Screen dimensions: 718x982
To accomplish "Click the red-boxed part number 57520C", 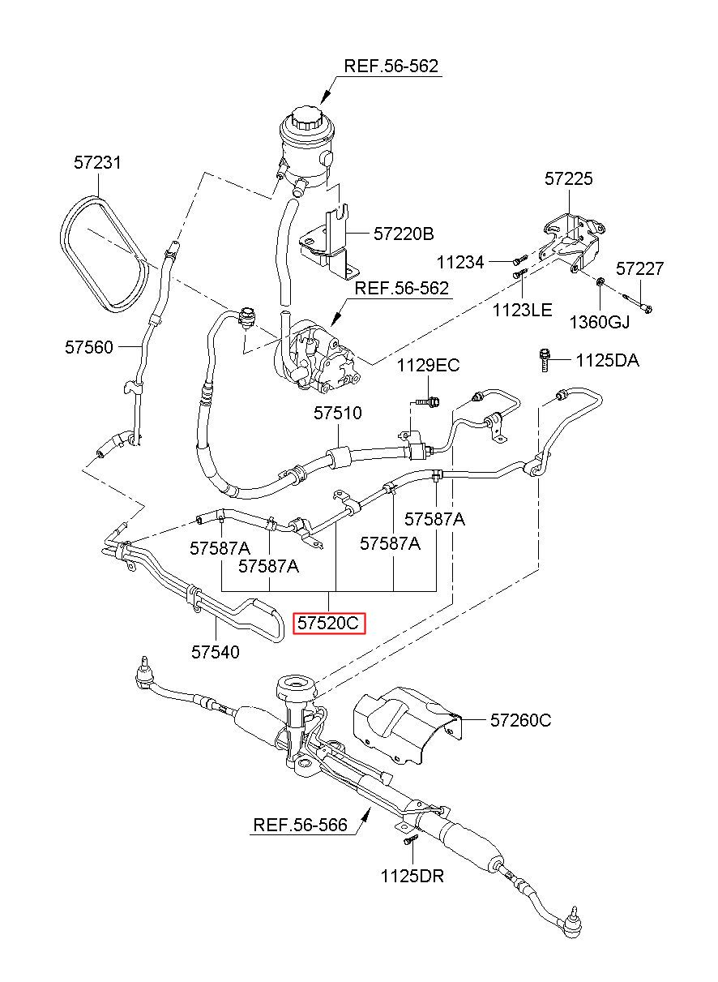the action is [328, 623].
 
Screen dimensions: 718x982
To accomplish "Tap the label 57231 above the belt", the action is [97, 163].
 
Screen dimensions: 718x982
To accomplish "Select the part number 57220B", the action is [404, 234].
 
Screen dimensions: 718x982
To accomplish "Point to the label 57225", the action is [569, 179].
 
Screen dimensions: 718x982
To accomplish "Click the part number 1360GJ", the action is [600, 322].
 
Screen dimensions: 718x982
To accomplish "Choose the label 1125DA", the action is [607, 361].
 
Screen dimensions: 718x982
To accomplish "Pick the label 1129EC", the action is [429, 365].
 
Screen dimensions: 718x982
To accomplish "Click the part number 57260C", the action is [520, 720].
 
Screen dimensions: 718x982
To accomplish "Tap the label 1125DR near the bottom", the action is [412, 876].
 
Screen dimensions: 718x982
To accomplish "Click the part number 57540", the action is [216, 652].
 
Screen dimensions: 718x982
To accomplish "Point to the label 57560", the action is [89, 347].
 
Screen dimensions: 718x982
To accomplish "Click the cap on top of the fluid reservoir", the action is [308, 116].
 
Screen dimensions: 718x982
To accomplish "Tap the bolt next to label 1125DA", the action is [545, 360].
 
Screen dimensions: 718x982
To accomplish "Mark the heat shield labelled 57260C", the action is [408, 726].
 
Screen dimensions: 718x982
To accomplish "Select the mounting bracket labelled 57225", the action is [574, 242].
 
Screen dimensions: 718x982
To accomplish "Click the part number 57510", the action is [338, 413].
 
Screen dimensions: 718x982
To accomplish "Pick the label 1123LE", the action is [522, 310].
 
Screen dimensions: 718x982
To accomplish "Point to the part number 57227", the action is [640, 268].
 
